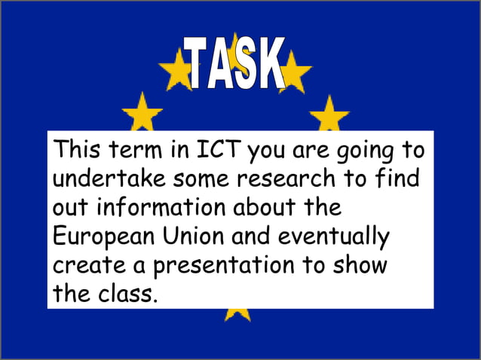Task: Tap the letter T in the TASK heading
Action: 198,66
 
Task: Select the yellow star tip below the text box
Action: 237,314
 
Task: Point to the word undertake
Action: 109,180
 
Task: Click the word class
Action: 127,293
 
